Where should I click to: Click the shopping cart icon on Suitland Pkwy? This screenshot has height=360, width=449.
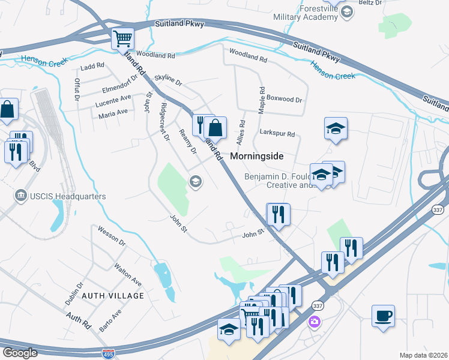pyautogui.click(x=122, y=38)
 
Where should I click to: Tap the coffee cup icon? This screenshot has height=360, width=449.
pyautogui.click(x=383, y=315)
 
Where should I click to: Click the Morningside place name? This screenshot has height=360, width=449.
pyautogui.click(x=256, y=155)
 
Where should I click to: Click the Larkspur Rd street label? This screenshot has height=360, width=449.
pyautogui.click(x=277, y=134)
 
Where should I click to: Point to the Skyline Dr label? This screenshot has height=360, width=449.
pyautogui.click(x=167, y=79)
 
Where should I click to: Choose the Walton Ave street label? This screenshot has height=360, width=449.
pyautogui.click(x=128, y=273)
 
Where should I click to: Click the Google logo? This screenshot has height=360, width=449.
pyautogui.click(x=19, y=352)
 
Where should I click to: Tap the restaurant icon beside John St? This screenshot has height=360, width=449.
pyautogui.click(x=278, y=214)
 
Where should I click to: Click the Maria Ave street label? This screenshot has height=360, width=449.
pyautogui.click(x=113, y=112)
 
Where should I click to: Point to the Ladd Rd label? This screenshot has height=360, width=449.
pyautogui.click(x=92, y=65)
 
